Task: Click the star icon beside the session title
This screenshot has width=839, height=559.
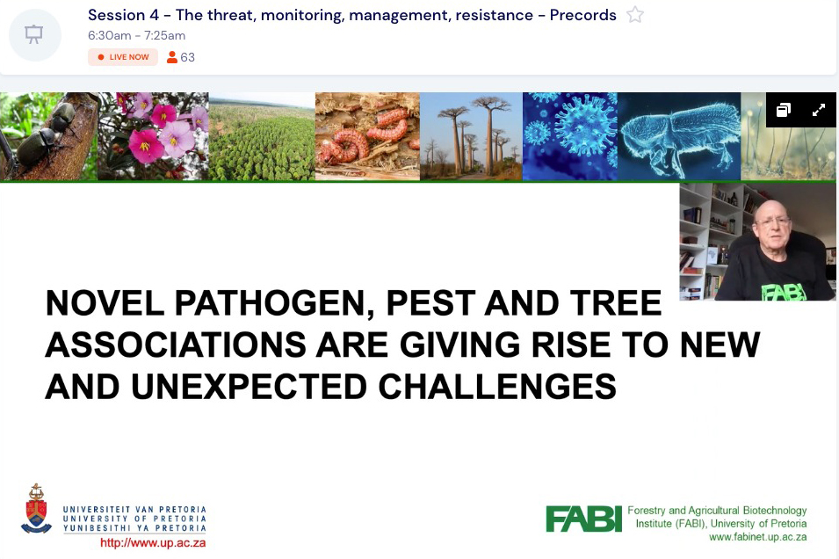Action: coord(634,14)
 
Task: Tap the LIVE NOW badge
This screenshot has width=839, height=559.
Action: coord(123,57)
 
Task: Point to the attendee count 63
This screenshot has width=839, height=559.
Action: coord(187,57)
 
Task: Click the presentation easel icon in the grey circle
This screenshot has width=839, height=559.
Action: coord(34,35)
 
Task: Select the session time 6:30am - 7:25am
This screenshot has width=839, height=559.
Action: coord(136,35)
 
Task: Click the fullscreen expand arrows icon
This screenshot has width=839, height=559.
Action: coord(818,110)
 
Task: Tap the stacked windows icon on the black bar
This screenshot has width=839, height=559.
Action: coord(784,110)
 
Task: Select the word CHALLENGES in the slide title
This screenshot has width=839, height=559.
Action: coord(497,387)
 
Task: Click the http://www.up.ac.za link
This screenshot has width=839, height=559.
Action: coord(153,543)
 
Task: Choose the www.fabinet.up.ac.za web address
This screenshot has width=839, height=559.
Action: coord(757,537)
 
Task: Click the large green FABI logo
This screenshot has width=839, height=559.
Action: coord(583,519)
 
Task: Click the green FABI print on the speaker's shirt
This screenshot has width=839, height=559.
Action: coord(784,292)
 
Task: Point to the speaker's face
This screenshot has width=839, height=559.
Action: coord(771,225)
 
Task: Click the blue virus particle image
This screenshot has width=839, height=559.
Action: coord(570,136)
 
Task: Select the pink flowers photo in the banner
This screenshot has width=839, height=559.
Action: coord(154,136)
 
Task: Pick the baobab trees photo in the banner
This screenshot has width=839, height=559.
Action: coord(472,136)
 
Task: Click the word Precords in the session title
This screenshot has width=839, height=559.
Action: coord(582,15)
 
